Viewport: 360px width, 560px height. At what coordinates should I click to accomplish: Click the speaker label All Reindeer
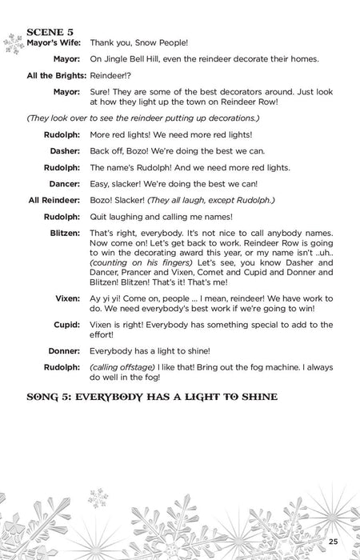[x=54, y=199]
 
